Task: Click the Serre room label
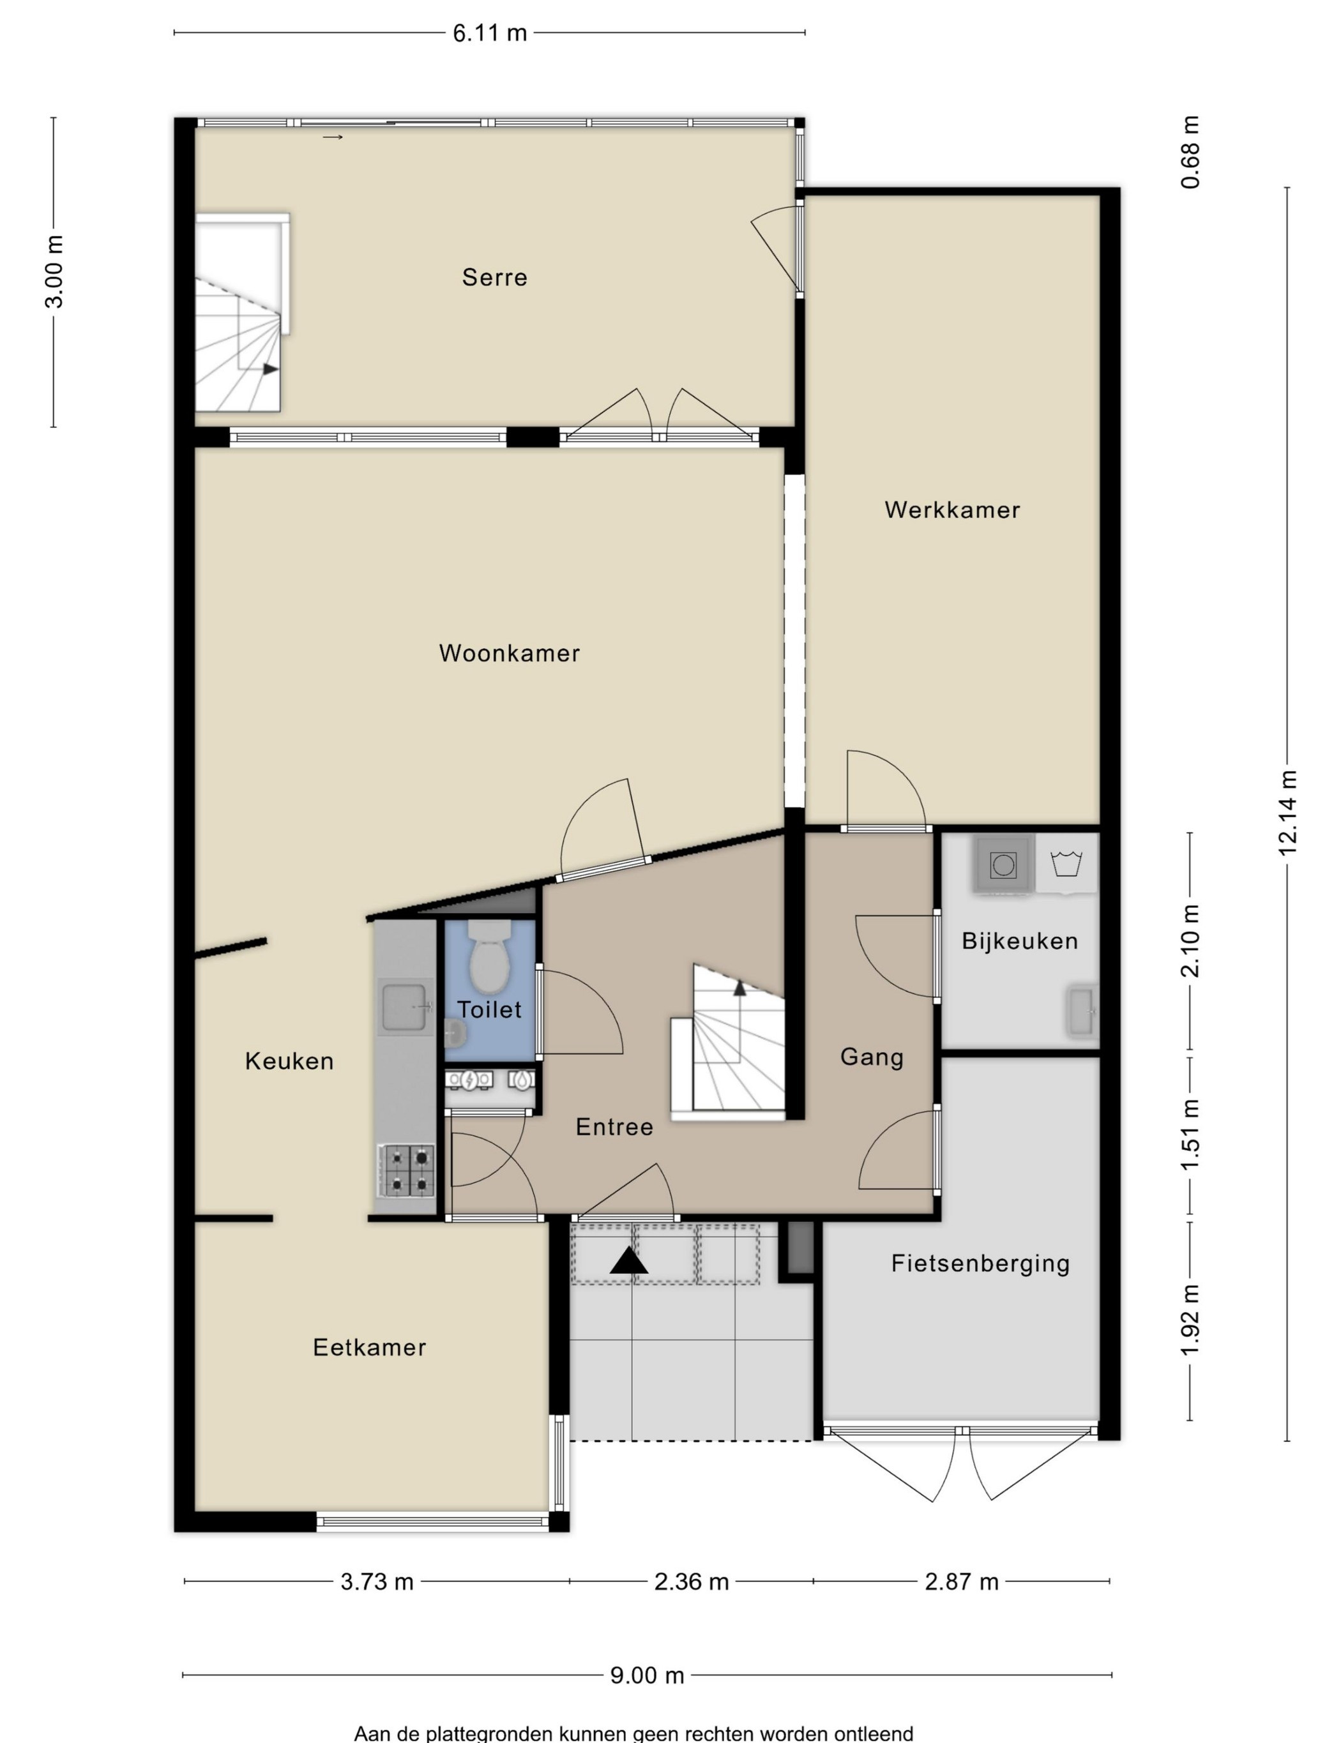tap(494, 278)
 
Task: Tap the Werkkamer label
tap(952, 510)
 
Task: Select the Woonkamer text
tap(510, 654)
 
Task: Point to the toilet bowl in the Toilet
tap(489, 957)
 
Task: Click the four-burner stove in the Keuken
tap(406, 1171)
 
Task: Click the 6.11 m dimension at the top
tap(490, 33)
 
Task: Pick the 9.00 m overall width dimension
tap(648, 1675)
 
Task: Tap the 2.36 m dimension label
tap(691, 1582)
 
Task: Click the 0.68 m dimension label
tap(1190, 153)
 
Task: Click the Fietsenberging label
tap(980, 1264)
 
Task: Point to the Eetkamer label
tap(370, 1347)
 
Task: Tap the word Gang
tap(872, 1057)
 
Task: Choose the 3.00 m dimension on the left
tap(54, 272)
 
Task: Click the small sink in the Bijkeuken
tap(1082, 1011)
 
